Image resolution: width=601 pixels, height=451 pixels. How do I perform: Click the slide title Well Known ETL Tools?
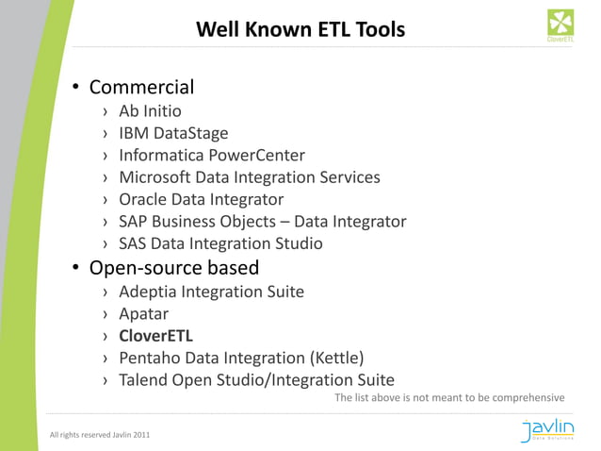300,30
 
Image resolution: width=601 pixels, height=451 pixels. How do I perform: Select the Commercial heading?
141,88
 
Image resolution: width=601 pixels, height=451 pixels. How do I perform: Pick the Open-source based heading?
173,268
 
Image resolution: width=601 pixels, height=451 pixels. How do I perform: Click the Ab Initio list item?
150,111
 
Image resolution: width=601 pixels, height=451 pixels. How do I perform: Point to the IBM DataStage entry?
173,133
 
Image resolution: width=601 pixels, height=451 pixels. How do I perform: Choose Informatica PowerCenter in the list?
211,155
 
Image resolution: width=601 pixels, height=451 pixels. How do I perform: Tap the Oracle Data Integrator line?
201,199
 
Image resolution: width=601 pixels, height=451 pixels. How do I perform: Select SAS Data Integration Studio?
220,243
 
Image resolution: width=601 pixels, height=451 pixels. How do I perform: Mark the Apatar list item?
143,313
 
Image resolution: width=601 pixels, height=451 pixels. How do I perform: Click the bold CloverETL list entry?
155,336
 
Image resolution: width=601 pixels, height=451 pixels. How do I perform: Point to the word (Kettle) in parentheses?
335,358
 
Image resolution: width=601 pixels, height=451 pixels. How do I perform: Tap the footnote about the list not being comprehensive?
449,398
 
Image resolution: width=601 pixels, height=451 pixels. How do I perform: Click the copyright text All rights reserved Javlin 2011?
99,434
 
